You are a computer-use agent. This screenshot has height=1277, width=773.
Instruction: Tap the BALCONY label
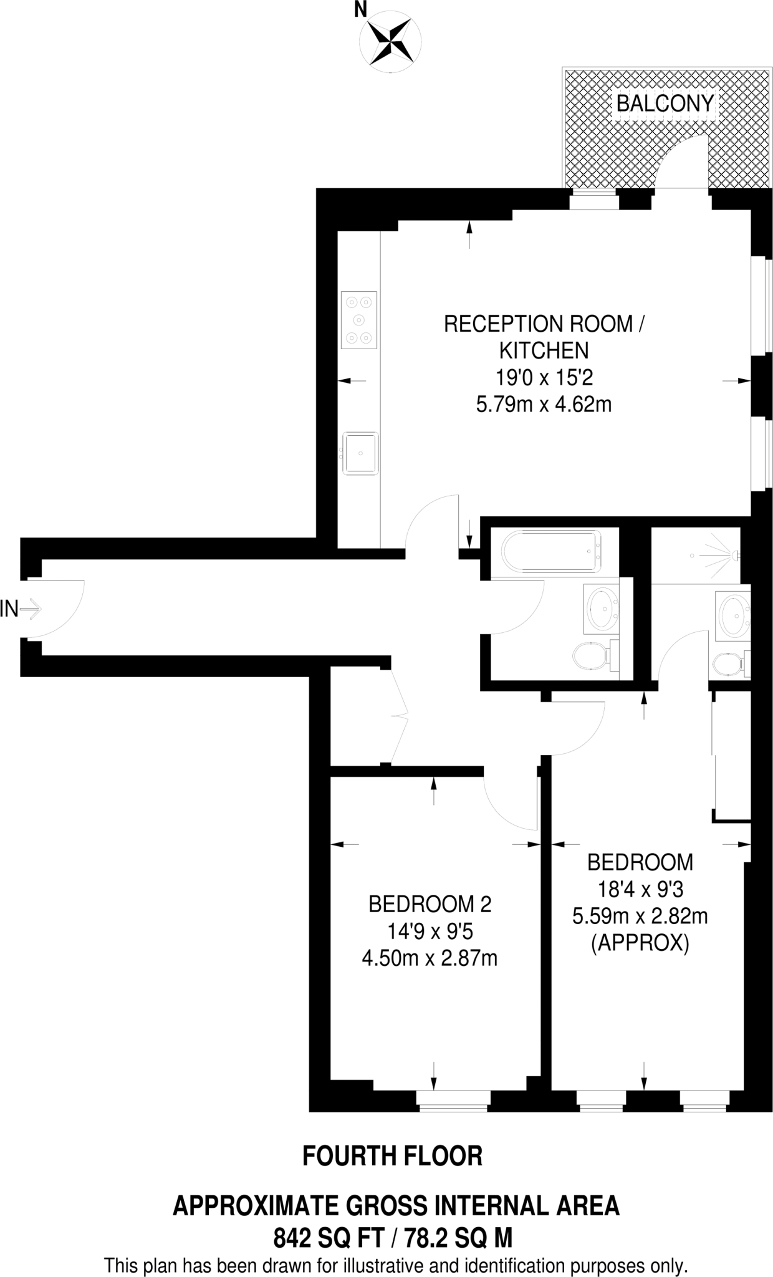[665, 104]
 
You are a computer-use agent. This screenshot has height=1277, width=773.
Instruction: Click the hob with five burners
[359, 320]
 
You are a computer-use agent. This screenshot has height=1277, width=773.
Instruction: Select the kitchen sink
[360, 453]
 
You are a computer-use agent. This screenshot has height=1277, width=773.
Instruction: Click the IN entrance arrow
[30, 608]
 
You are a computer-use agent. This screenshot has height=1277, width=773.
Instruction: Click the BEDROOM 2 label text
[430, 904]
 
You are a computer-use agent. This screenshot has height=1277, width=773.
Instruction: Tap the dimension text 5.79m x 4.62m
[544, 405]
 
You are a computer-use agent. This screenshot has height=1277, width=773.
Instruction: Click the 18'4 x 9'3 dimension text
[640, 889]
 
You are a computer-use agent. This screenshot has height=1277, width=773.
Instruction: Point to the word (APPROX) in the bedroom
[640, 944]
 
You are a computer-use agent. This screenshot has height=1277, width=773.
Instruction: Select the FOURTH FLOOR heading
[392, 1157]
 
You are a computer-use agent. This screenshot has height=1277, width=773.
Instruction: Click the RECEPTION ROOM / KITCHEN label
[544, 337]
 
